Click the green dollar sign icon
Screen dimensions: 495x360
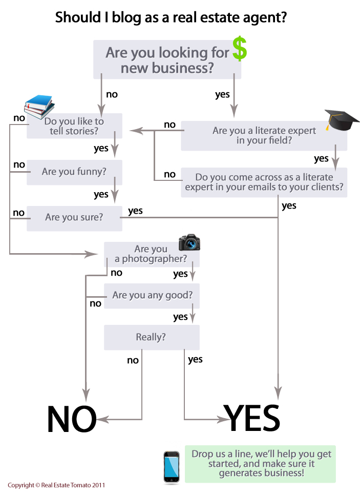click(x=239, y=49)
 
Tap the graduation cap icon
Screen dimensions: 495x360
click(x=342, y=120)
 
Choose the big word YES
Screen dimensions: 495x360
click(x=252, y=418)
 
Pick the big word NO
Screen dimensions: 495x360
click(x=71, y=419)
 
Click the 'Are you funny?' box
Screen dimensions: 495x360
click(x=74, y=172)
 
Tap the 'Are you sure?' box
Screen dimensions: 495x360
click(x=74, y=217)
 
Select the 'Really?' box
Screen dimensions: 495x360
click(x=151, y=337)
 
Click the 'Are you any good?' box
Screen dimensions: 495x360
click(x=152, y=296)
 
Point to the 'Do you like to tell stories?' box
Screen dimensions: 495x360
click(x=74, y=126)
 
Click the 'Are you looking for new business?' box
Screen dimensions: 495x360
click(x=167, y=60)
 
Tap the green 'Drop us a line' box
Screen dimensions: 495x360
click(x=261, y=463)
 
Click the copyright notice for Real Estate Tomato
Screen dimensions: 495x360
click(x=56, y=485)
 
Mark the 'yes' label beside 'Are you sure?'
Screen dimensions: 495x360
click(x=135, y=211)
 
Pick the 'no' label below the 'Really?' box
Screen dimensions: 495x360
click(x=133, y=360)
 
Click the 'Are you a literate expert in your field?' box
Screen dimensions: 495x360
click(x=264, y=135)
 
